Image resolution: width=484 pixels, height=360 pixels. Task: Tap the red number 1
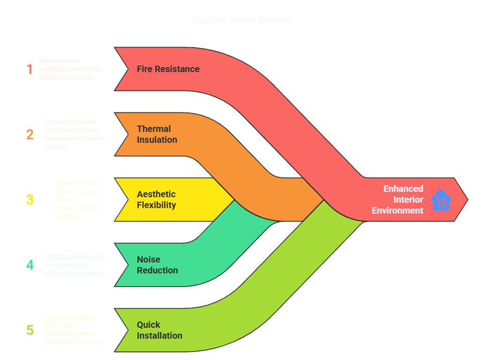coord(30,69)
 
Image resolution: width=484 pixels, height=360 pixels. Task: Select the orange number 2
coord(30,134)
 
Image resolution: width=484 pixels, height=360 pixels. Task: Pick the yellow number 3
coord(30,200)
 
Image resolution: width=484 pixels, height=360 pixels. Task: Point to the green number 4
coord(30,265)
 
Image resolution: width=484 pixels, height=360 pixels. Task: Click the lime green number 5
coord(30,330)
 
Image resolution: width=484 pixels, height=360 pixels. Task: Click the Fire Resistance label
coord(168,69)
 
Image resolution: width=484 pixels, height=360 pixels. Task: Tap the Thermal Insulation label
coord(157,134)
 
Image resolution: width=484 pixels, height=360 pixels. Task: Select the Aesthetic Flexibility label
coord(156,200)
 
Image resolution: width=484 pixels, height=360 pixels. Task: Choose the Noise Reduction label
coord(157,265)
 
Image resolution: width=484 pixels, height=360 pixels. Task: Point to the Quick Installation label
coord(159,330)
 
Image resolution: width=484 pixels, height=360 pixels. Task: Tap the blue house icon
coord(441,200)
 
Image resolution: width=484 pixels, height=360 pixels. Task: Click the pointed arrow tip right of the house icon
coord(465,200)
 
